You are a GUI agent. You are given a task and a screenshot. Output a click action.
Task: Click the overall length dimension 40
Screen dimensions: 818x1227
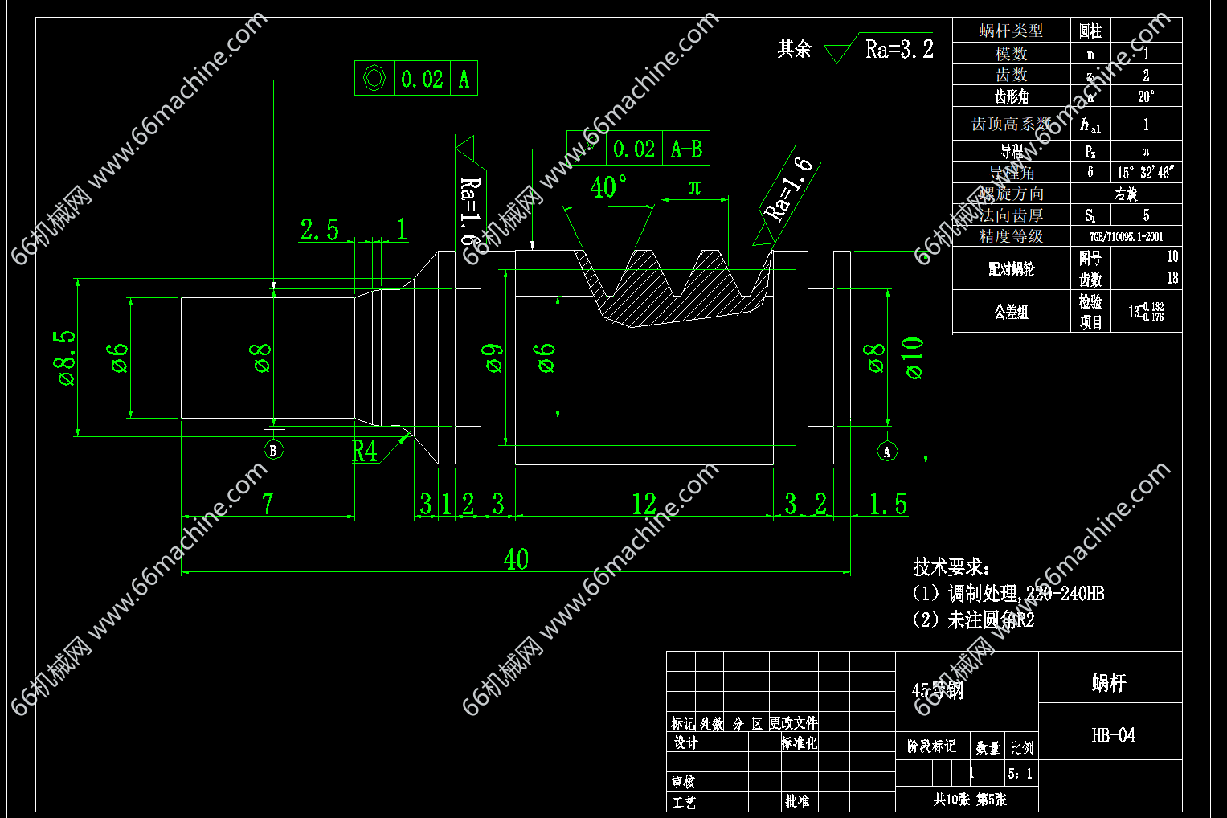coord(516,559)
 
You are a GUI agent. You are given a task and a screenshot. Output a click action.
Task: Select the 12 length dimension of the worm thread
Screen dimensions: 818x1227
coord(644,505)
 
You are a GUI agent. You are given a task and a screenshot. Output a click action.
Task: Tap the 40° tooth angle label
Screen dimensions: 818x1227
coord(608,187)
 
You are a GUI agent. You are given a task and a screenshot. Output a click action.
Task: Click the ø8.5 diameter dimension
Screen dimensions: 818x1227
coord(66,358)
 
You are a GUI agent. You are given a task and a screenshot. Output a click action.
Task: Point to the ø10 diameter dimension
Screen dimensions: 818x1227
coord(914,358)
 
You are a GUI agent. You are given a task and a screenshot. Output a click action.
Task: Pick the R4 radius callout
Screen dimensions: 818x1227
coord(364,451)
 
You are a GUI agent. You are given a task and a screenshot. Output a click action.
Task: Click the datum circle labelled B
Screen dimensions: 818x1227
coord(273,450)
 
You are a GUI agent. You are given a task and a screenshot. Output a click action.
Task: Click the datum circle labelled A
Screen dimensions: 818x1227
coord(887,452)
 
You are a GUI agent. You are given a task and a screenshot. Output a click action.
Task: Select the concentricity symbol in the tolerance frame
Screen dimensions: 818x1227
coord(374,79)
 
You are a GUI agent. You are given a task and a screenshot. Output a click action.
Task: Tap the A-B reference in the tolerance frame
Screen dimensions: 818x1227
coord(686,149)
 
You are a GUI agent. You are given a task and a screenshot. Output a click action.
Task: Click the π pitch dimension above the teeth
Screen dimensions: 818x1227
coord(695,188)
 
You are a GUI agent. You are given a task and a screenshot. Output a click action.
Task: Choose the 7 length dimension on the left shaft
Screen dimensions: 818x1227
coord(268,505)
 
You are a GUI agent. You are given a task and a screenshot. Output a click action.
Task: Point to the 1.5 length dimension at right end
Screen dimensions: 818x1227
coord(888,505)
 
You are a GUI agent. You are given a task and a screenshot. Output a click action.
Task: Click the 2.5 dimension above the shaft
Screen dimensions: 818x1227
coord(319,230)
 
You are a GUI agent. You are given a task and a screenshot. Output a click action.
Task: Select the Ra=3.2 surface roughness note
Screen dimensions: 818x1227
coord(899,50)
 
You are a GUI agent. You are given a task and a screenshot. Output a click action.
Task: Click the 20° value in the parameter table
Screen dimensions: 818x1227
coord(1146,96)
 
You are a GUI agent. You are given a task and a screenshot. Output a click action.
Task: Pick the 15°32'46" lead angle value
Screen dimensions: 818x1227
coord(1146,173)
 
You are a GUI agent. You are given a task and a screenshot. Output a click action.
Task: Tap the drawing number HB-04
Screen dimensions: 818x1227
coord(1113,735)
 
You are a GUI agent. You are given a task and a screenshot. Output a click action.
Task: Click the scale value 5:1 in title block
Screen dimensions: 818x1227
coord(1020,774)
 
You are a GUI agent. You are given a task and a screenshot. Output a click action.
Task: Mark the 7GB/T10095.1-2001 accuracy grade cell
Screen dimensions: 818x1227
coord(1126,237)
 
